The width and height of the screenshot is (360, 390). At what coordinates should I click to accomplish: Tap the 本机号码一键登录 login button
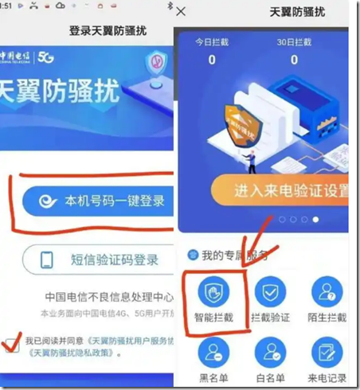point(100,201)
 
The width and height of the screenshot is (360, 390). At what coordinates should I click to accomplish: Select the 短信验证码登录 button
point(100,259)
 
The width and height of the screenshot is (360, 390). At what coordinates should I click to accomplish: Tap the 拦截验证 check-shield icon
point(271,292)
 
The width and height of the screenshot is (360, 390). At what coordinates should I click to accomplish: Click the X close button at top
point(182,12)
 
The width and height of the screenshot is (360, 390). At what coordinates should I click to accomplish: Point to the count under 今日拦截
point(212,60)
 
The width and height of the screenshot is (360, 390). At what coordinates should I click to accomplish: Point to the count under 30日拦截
point(294,60)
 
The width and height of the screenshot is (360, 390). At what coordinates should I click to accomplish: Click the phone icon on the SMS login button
point(47,260)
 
